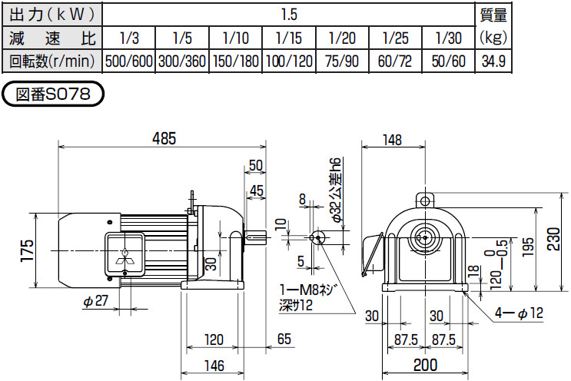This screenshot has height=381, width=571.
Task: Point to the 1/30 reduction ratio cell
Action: click(449, 38)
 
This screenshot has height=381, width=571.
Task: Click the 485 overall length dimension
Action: click(164, 139)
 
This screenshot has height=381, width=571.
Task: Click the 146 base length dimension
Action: click(214, 366)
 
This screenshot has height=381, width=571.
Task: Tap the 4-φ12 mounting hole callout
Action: click(523, 313)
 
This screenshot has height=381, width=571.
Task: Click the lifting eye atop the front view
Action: click(423, 200)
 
